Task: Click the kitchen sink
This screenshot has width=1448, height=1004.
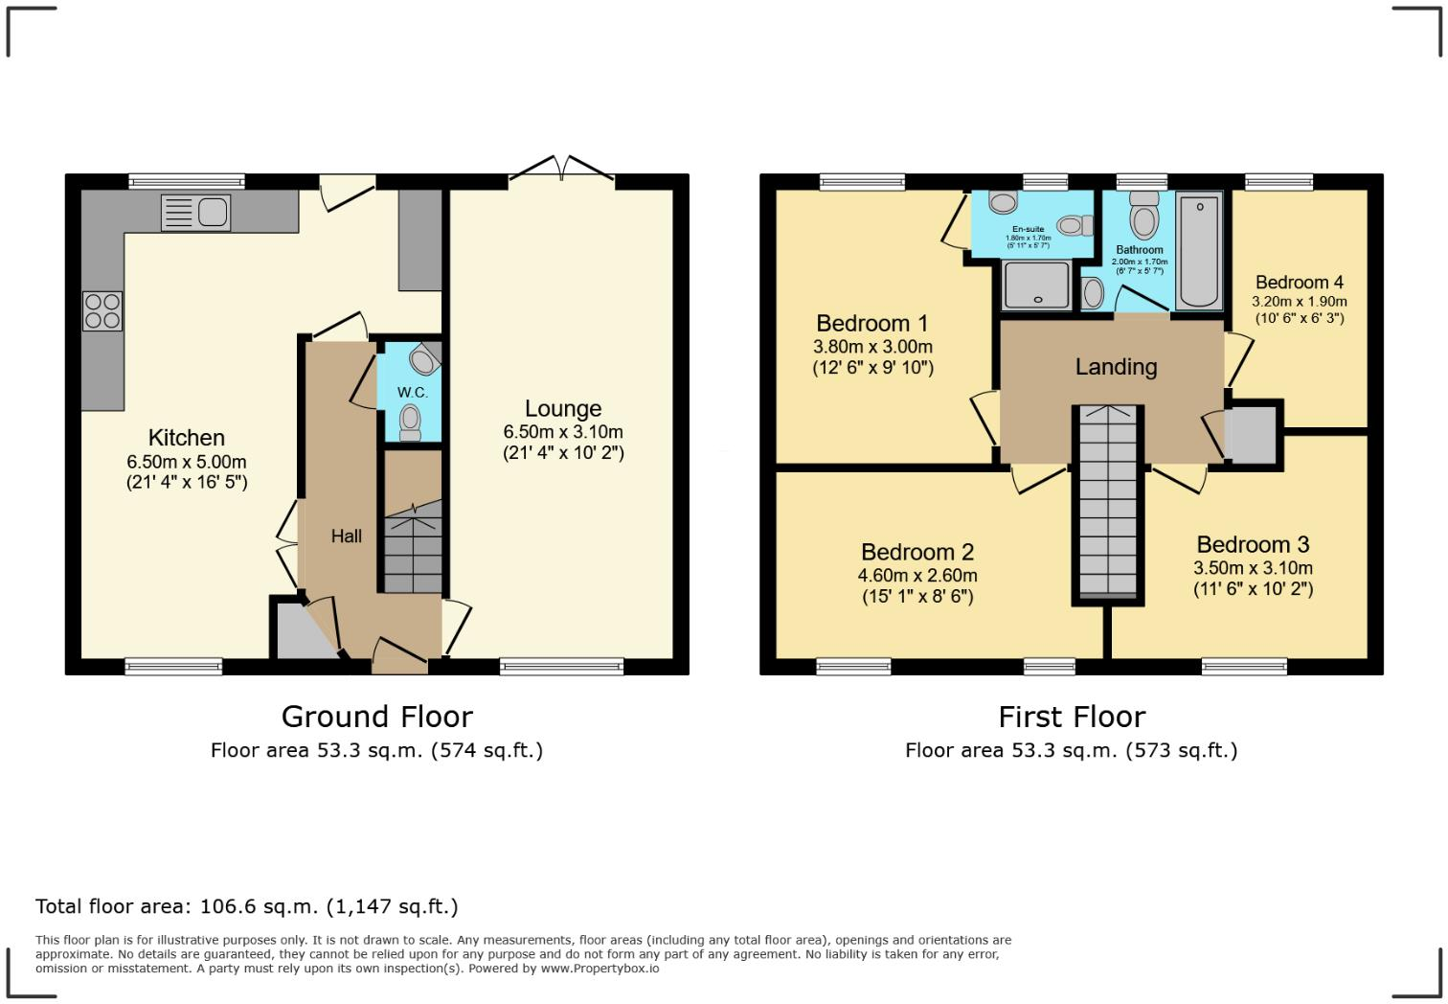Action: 196,213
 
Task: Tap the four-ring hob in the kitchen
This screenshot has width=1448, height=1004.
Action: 102,310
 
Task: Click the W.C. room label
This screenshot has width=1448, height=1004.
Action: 413,393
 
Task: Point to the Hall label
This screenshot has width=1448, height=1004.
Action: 347,536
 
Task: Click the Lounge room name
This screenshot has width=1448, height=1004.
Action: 563,409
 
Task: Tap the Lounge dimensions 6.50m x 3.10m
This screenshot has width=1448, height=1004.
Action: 563,432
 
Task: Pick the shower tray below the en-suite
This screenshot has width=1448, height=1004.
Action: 1036,285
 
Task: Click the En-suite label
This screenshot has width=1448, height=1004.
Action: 1028,229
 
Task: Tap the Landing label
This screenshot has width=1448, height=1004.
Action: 1116,367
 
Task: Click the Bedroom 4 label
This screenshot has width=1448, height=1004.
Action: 1299,283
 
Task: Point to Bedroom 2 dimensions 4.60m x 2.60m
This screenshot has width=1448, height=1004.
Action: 917,576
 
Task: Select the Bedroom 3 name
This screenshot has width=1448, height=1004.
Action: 1253,545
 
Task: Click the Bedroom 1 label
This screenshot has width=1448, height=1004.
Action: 872,324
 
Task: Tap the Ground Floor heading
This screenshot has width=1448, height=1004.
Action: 376,717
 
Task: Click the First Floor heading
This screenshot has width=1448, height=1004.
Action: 1072,717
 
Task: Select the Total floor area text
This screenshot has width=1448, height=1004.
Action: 247,906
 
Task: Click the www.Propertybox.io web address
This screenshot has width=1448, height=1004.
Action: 600,969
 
